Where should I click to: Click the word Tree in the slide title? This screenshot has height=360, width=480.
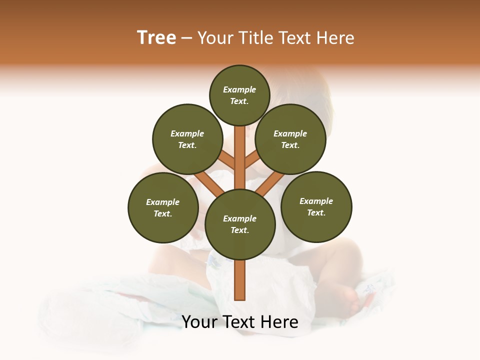coord(156,38)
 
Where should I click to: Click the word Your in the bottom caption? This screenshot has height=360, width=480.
coord(200,322)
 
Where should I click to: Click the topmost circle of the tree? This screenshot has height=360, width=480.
coord(239,95)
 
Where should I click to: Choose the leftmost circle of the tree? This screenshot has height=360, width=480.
coord(163,207)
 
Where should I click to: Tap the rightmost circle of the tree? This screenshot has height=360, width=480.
coord(316,206)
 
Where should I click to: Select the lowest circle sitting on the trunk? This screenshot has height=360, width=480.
coord(240,224)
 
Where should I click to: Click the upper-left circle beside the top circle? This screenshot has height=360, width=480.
coord(187,139)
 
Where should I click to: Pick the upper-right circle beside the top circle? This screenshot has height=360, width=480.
coord(290,139)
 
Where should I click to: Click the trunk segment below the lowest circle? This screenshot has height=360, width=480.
coord(240,280)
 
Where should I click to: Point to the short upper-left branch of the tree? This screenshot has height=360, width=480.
coord(227,160)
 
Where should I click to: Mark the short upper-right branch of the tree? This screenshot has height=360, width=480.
coord(251,159)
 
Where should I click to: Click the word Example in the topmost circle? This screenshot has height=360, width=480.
coord(239,89)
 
